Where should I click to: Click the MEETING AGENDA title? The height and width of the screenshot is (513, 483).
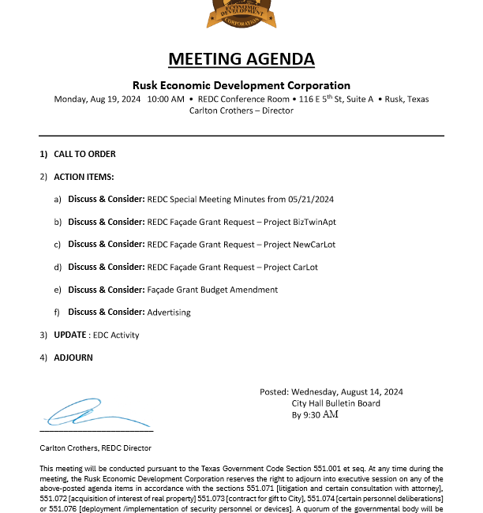(241, 59)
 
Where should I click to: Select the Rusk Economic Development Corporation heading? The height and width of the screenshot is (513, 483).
(241, 85)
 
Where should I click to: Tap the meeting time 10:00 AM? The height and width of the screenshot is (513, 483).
(166, 99)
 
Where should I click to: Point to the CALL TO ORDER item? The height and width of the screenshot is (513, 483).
(84, 154)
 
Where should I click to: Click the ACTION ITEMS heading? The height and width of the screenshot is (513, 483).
(84, 177)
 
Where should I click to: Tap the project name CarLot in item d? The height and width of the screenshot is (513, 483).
(304, 267)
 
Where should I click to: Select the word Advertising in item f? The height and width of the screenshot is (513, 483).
(169, 313)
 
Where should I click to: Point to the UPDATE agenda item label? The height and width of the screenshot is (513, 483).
(69, 335)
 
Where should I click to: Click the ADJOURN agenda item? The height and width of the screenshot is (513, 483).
(73, 358)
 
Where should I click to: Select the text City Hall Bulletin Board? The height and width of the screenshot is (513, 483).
(335, 403)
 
